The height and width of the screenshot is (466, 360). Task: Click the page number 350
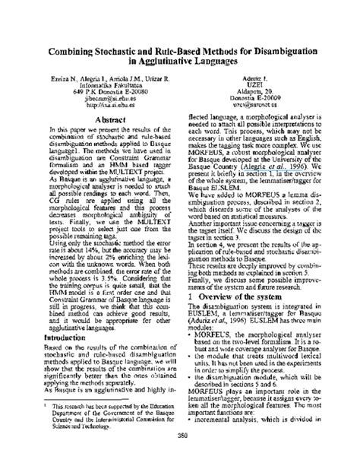coord(180,455)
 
